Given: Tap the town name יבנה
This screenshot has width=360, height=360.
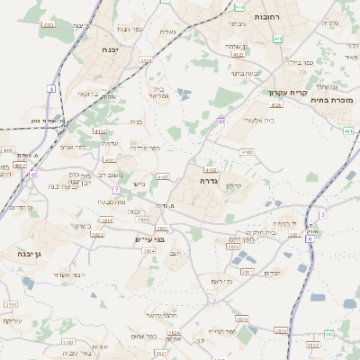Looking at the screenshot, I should tap(112, 49).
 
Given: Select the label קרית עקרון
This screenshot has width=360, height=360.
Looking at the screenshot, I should tap(288, 93).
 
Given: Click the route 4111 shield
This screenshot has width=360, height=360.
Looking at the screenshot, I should tap(49, 24).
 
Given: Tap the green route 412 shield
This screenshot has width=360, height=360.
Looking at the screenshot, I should tap(277, 39).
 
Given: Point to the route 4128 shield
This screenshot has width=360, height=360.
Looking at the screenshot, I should tap(275, 105).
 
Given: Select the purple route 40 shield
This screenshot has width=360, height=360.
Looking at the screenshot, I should tap(220, 121).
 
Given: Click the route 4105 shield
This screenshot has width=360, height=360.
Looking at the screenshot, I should tap(211, 169).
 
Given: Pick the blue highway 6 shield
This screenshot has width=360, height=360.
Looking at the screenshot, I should tap(309, 238).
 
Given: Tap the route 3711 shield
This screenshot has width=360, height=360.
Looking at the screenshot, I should tap(12, 305).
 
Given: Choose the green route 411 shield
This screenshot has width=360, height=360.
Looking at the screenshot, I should tap(348, 130).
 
